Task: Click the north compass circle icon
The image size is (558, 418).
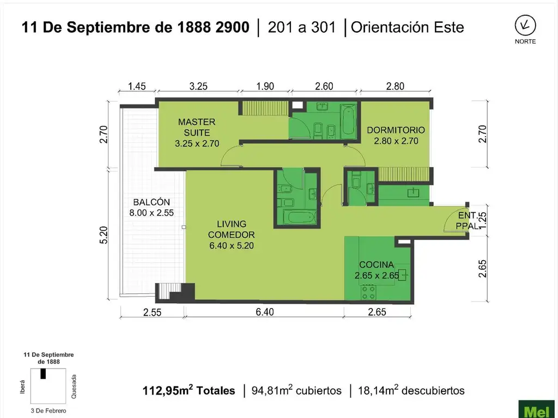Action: coord(525,25)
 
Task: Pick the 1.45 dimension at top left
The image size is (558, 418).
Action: coord(137,86)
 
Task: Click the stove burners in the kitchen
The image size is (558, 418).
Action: coord(369,292)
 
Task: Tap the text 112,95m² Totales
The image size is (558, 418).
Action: coord(189,390)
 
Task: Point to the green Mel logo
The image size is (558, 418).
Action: coord(537,410)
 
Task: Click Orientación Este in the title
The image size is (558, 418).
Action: coord(407,27)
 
